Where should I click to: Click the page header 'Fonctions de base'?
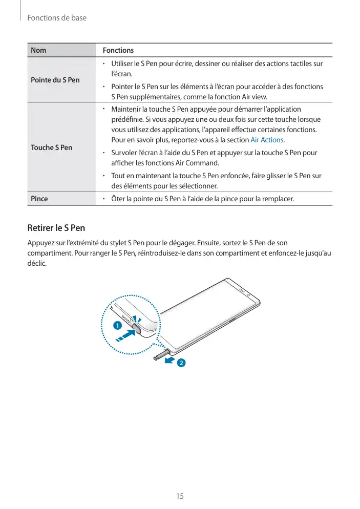57,18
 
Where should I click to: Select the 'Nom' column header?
38,50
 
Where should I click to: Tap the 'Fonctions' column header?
118,50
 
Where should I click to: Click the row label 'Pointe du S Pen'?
55,80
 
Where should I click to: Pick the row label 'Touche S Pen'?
52,147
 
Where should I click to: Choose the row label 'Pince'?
39,199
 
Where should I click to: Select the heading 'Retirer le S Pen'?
56,227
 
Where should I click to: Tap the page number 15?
180,496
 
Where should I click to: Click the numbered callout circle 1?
117,326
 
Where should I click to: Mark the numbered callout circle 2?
181,364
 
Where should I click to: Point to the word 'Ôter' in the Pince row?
119,199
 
